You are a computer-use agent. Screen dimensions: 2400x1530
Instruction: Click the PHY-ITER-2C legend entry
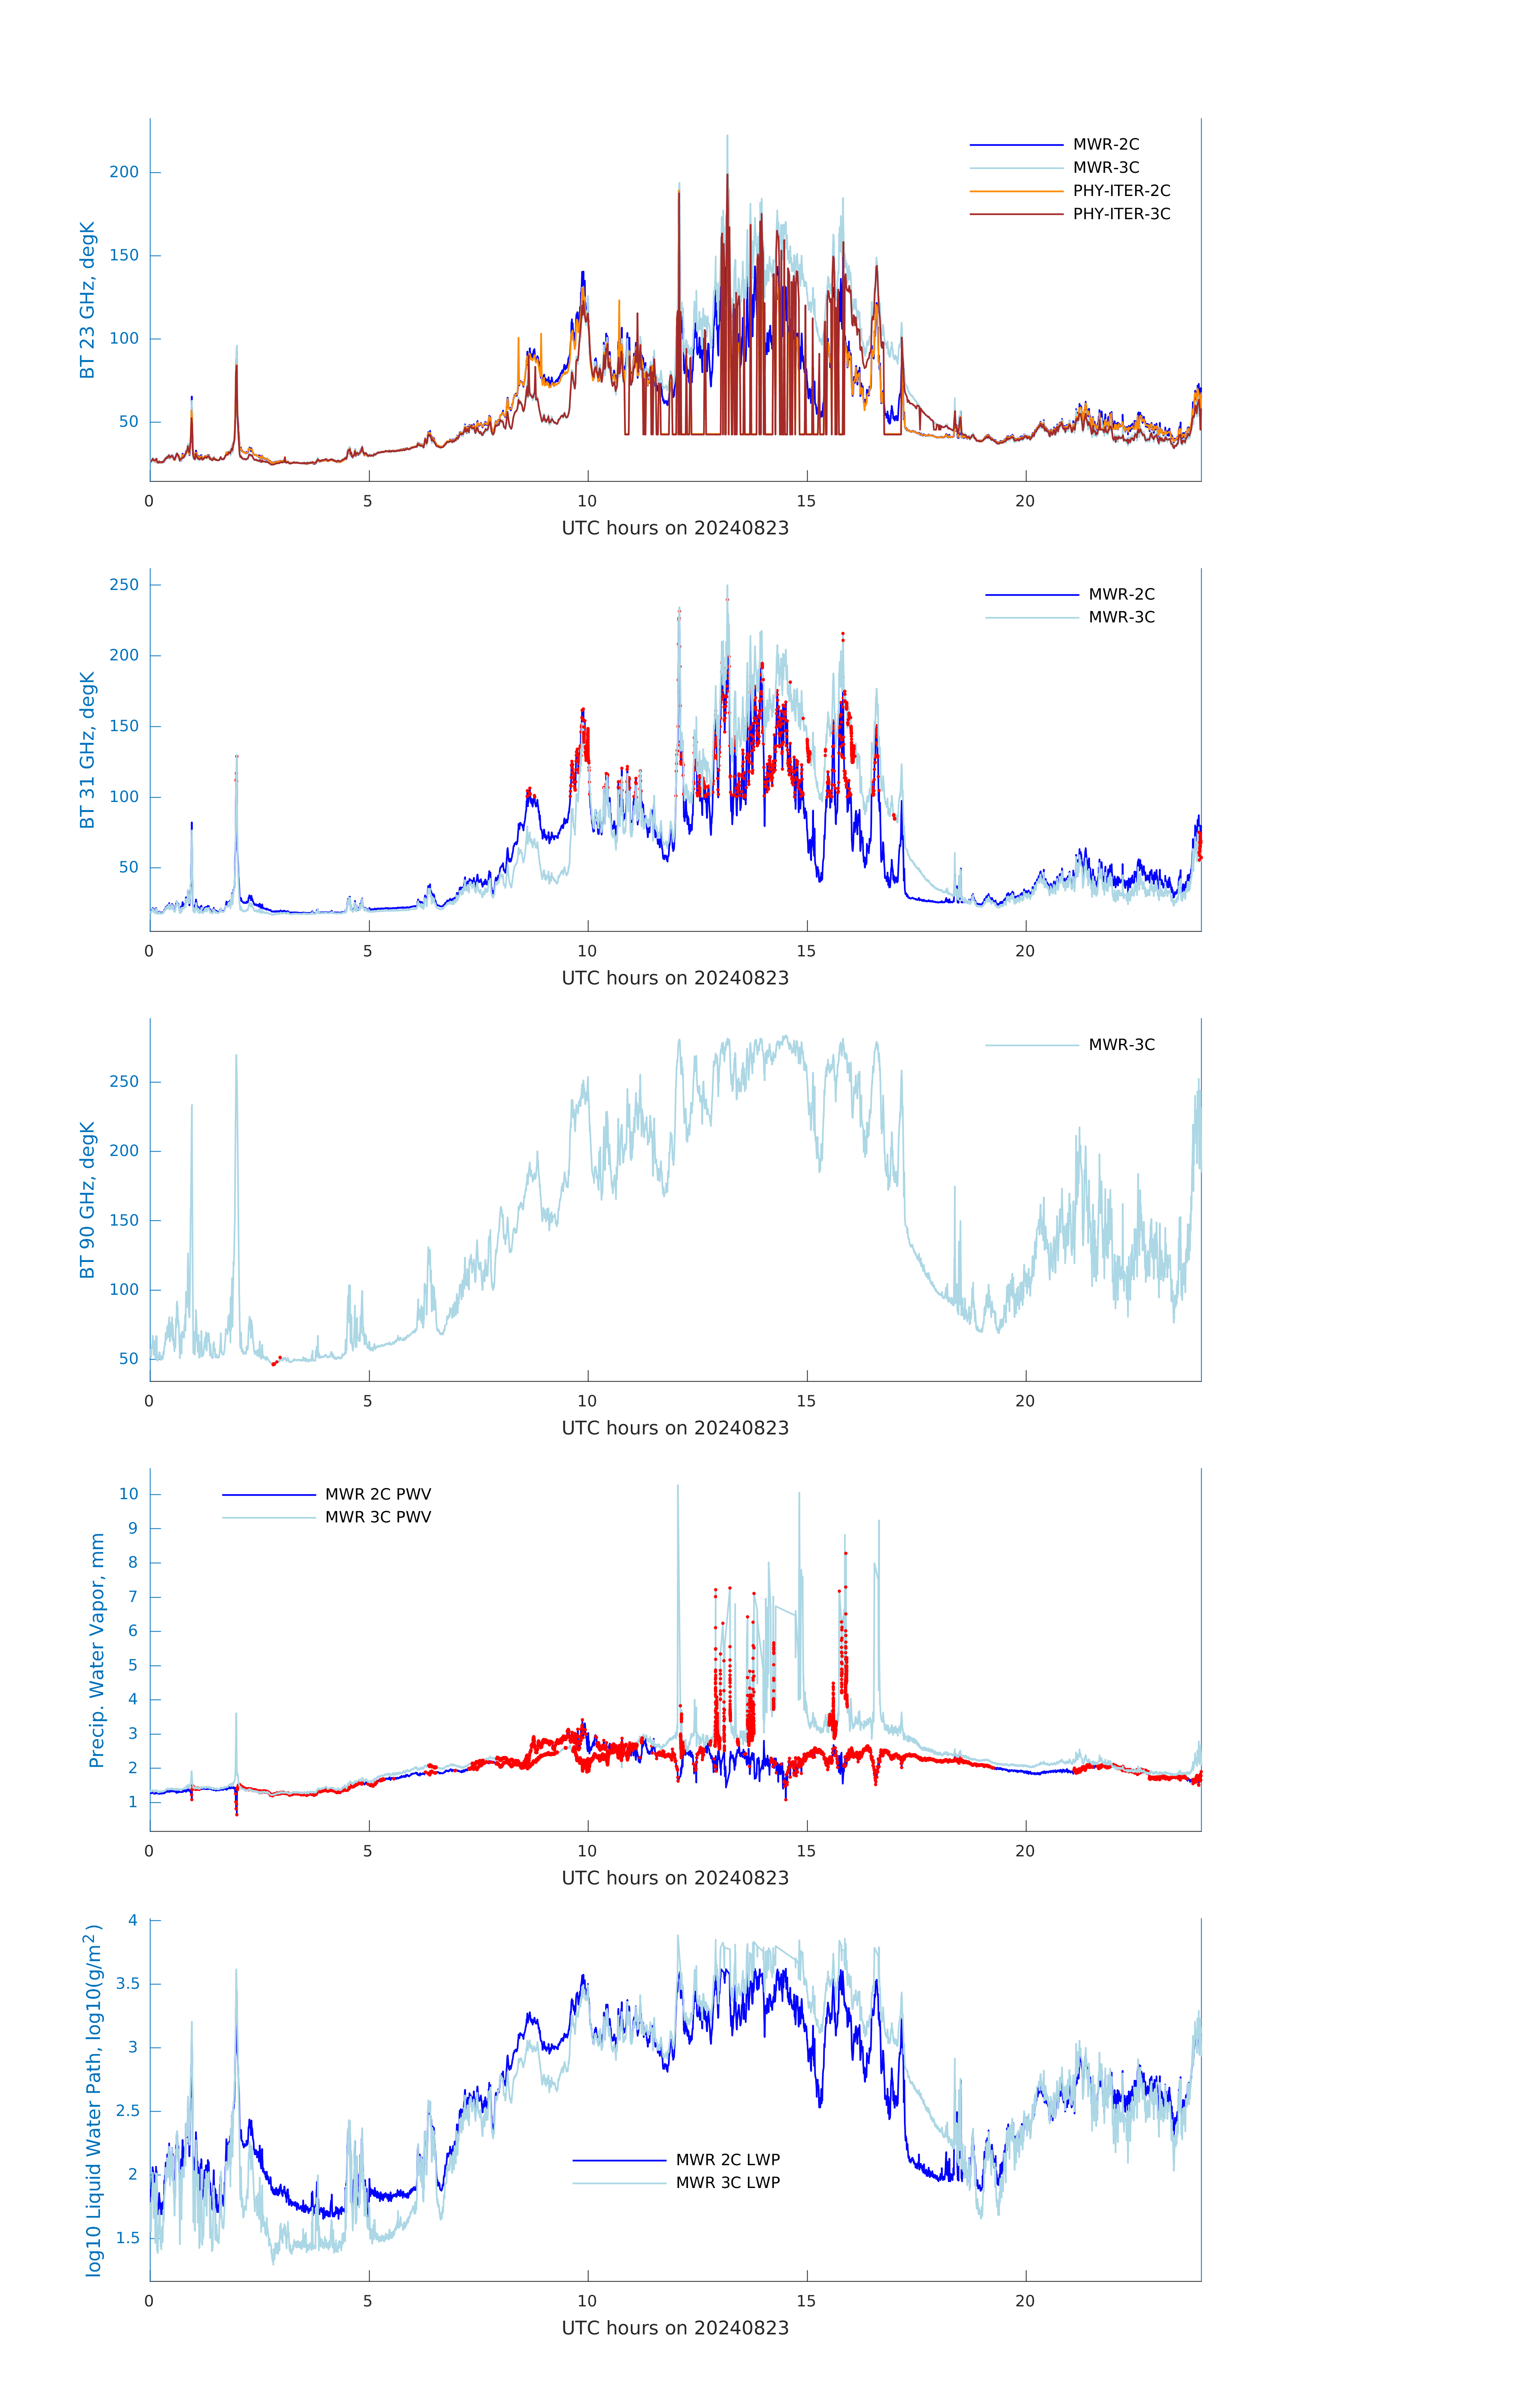click(x=1120, y=190)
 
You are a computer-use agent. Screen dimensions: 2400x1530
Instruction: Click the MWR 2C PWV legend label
click(x=378, y=1494)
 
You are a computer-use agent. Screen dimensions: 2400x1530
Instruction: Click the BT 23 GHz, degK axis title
click(x=88, y=300)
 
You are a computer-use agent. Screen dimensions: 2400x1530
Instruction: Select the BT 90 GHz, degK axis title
click(x=88, y=1200)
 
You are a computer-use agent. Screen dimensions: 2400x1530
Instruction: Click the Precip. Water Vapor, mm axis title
click(x=97, y=1650)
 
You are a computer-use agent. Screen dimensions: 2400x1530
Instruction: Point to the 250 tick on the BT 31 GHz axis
click(x=124, y=585)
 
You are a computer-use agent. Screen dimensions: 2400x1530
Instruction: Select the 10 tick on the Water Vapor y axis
click(x=128, y=1494)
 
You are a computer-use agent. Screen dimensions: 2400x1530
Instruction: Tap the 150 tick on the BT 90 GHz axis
click(x=124, y=1220)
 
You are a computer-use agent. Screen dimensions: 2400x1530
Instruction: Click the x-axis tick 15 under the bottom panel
click(x=805, y=2301)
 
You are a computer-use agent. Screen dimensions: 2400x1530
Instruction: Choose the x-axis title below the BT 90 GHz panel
click(x=675, y=1428)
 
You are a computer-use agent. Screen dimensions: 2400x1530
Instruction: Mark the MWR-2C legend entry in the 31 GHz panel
click(x=1120, y=594)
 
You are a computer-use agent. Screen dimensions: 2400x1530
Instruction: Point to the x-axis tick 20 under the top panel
click(x=1025, y=501)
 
